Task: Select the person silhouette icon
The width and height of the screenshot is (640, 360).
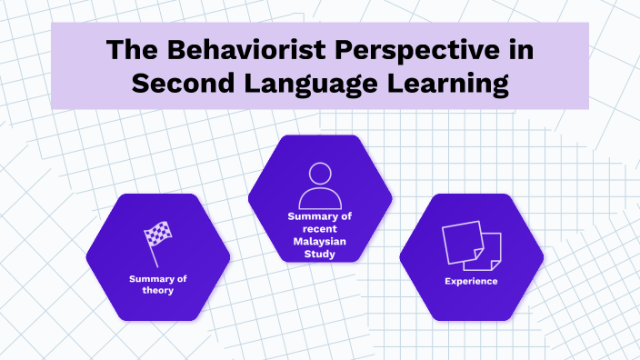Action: coord(319,186)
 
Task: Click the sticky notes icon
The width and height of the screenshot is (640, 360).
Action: coord(471,245)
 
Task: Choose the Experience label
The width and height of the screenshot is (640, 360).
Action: coord(471,281)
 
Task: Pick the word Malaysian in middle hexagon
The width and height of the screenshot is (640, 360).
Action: coord(319,242)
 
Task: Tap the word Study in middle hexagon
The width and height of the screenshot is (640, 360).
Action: coord(319,255)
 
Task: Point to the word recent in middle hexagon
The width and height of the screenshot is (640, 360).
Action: coord(319,229)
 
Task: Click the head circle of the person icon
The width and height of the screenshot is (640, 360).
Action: coord(319,175)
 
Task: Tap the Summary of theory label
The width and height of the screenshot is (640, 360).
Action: coord(157,284)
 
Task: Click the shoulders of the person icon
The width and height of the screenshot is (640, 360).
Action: coord(319,200)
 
